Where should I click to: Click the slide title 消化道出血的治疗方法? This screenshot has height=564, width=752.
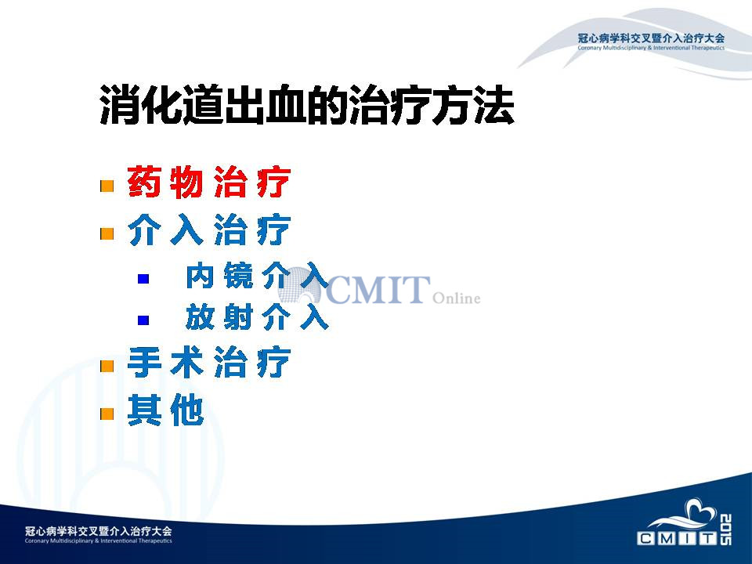[307, 105]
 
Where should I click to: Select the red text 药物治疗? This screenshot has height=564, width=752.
[209, 183]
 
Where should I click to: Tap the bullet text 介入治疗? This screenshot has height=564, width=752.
[209, 230]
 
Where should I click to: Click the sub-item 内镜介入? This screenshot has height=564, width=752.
[257, 276]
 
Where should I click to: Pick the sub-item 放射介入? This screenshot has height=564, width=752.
[257, 316]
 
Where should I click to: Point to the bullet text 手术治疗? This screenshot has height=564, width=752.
[209, 362]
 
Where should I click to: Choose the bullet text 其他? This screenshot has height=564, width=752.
[166, 410]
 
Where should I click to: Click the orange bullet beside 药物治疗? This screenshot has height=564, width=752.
[107, 186]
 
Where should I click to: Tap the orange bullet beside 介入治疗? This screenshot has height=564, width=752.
[107, 233]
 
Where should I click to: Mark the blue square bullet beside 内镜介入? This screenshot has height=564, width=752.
[143, 279]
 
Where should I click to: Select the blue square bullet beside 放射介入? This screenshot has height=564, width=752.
[143, 320]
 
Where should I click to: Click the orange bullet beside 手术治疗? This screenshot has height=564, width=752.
[107, 366]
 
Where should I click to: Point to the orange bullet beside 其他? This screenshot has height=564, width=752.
[107, 414]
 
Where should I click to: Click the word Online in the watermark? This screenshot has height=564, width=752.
[456, 298]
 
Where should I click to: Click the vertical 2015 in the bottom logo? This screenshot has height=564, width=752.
[725, 530]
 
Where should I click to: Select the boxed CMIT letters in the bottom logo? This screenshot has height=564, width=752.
[677, 538]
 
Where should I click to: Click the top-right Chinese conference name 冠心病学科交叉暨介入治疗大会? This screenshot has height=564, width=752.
[651, 38]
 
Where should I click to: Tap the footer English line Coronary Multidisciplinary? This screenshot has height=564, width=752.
[99, 541]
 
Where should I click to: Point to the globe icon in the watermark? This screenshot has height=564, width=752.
[300, 285]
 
